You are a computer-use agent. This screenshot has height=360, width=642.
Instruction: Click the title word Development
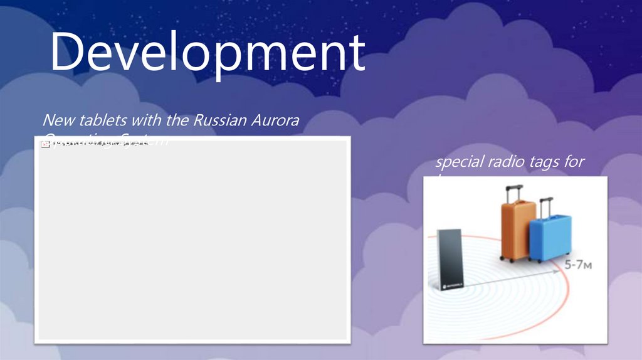(207, 53)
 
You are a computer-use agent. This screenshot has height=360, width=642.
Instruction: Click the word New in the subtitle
(57, 120)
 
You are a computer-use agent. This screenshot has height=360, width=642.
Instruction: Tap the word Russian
(217, 120)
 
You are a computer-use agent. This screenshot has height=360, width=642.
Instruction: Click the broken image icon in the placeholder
(45, 144)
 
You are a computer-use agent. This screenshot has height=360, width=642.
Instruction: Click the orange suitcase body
(517, 229)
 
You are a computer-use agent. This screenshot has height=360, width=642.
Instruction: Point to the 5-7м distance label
(578, 265)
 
